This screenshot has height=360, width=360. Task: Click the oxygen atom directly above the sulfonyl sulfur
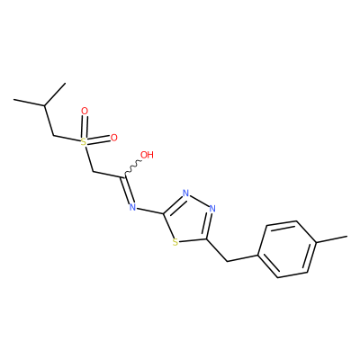(85, 112)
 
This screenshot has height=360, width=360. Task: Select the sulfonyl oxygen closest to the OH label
(113, 138)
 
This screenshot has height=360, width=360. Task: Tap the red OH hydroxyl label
(147, 155)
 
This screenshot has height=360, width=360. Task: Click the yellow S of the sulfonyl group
(84, 142)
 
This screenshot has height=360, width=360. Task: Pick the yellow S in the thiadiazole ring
(175, 242)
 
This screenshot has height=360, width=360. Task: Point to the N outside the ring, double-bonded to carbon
(132, 207)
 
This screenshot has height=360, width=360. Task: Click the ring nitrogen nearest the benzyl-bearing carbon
(212, 209)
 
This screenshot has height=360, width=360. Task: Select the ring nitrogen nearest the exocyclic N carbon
(185, 193)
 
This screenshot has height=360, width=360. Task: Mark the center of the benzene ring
(287, 249)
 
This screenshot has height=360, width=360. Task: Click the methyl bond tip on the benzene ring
(347, 237)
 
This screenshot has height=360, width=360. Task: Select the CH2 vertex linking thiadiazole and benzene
(227, 262)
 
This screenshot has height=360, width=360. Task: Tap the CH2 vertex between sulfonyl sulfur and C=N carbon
(94, 172)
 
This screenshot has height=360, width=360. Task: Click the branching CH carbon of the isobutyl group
(44, 105)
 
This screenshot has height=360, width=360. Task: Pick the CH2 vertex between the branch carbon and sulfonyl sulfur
(53, 135)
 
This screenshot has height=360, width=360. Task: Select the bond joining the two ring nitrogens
(199, 201)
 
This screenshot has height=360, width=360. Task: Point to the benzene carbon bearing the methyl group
(316, 241)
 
